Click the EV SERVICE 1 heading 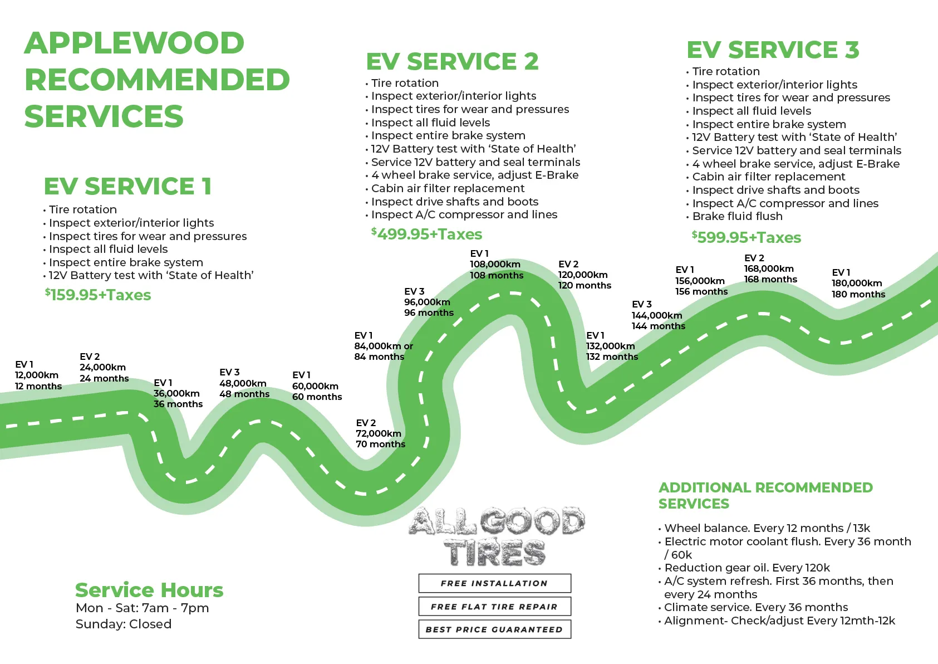click(x=127, y=187)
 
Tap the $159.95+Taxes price click(x=98, y=295)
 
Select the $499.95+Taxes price click(x=426, y=234)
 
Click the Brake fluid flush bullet click(x=737, y=216)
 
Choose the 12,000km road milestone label click(x=37, y=375)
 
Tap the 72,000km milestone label click(x=379, y=433)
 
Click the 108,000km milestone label click(x=495, y=264)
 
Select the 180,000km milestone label click(x=857, y=283)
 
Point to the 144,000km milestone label click(x=657, y=315)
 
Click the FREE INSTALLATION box click(x=494, y=583)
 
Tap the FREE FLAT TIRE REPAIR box click(x=494, y=607)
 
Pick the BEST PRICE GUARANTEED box click(x=494, y=629)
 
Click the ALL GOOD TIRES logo click(x=495, y=536)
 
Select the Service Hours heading click(x=149, y=590)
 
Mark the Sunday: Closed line click(x=124, y=624)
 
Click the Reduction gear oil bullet click(x=747, y=568)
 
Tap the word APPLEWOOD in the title click(x=134, y=43)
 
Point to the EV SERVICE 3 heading click(x=773, y=50)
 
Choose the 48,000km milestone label click(x=243, y=383)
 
